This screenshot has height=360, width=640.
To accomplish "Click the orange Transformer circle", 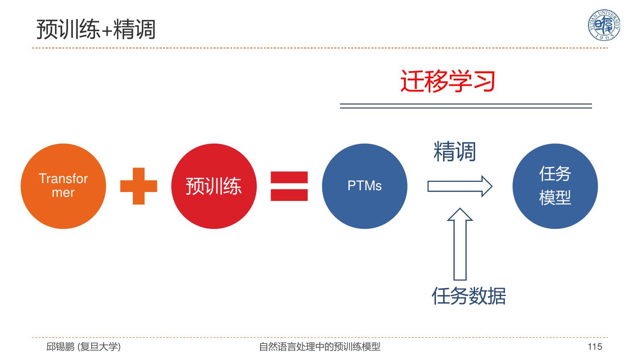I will click(x=63, y=186).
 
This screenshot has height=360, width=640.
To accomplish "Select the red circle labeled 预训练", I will click(x=214, y=186).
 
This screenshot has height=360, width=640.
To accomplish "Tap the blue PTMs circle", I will click(x=364, y=186).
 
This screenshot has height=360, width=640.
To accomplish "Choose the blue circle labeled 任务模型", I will click(x=555, y=186).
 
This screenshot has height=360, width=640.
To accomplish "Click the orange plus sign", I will click(x=139, y=186).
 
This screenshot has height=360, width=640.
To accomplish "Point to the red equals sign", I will click(x=289, y=186).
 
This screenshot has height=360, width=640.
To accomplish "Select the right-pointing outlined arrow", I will click(x=460, y=186).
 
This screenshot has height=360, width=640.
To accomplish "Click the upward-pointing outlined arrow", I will click(x=460, y=244).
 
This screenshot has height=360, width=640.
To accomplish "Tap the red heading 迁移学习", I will click(x=448, y=81).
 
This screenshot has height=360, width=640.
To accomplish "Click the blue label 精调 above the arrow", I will click(x=455, y=152).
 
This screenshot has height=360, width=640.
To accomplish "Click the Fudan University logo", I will click(x=604, y=25).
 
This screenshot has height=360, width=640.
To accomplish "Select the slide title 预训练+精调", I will click(x=96, y=29).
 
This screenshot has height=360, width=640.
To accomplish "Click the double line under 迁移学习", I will click(x=466, y=106).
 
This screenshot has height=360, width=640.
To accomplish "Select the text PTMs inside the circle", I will click(x=364, y=186).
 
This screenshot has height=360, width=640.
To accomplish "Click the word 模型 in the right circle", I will click(x=555, y=198).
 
